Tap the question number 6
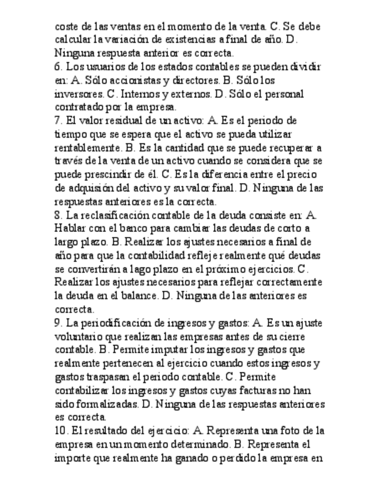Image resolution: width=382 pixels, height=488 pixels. (58, 67)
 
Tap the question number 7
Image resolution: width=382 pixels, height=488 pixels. (58, 121)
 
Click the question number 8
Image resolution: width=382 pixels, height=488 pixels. (58, 215)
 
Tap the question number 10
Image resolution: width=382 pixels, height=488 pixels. (60, 430)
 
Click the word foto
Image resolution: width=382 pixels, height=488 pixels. (287, 430)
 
